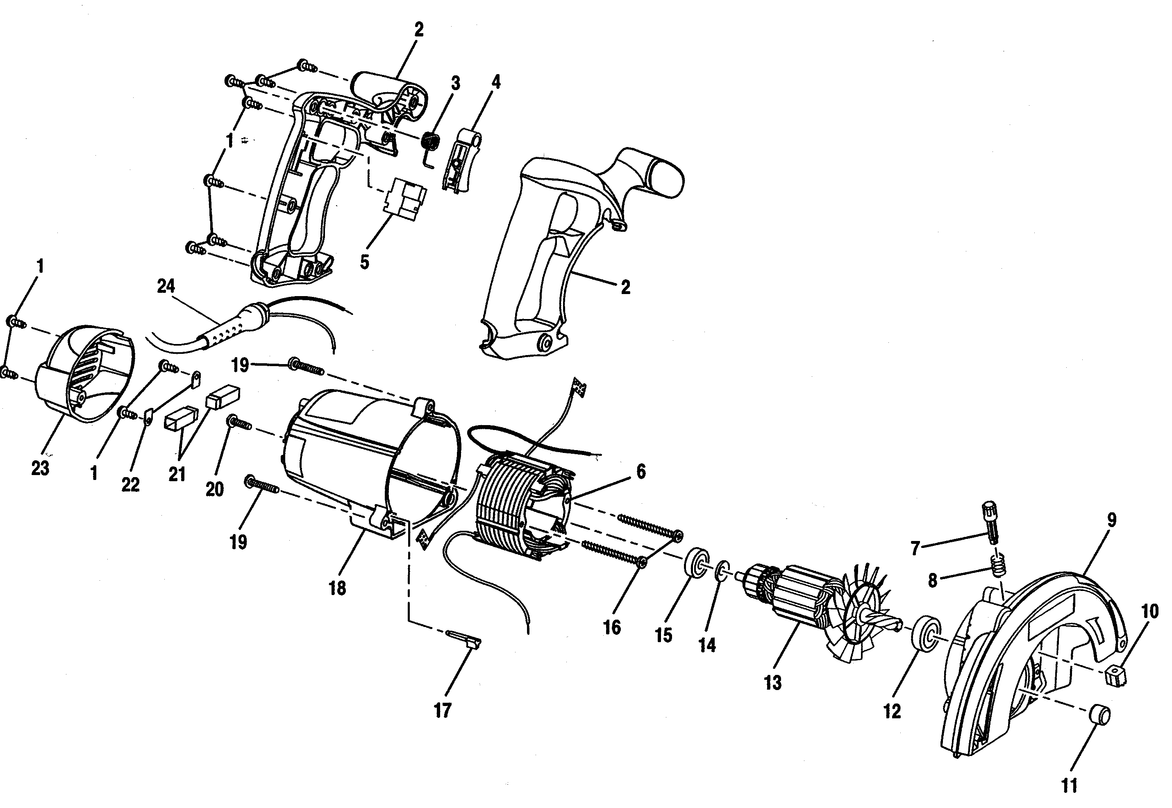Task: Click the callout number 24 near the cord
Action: [x=166, y=287]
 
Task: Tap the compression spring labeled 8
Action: [x=998, y=564]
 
